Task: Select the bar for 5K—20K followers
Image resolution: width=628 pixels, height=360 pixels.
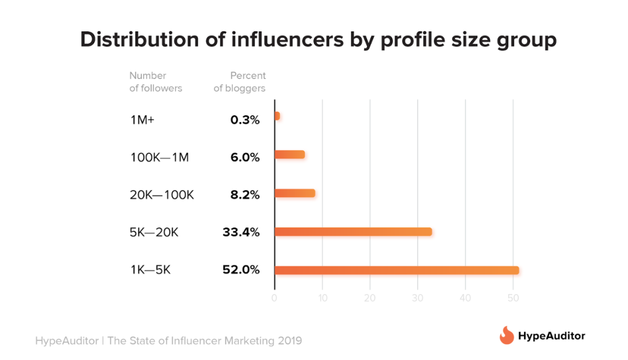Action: point(353,231)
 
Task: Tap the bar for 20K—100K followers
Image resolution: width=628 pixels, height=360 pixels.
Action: point(295,193)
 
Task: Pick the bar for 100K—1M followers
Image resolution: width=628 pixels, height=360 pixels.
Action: point(290,155)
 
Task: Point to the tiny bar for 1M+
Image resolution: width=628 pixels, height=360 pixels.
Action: point(277,116)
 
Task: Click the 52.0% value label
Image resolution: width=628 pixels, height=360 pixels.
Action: point(241,270)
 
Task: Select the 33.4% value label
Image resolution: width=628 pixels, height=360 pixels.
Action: point(241,232)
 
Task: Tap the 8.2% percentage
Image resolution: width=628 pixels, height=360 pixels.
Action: point(244,194)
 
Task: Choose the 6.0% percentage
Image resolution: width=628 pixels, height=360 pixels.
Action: point(244,155)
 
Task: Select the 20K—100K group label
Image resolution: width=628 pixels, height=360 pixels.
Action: point(162,194)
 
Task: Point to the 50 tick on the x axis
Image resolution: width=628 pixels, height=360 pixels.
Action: point(513,298)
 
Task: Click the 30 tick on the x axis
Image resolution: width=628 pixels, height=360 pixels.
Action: point(418,298)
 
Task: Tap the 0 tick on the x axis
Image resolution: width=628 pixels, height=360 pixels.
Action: point(274,298)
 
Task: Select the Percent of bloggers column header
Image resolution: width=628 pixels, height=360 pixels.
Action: point(240,82)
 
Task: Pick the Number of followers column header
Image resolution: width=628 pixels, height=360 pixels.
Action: point(155,82)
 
